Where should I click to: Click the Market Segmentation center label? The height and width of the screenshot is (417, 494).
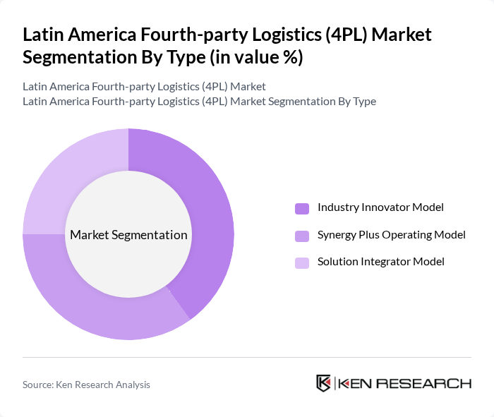tap(128, 235)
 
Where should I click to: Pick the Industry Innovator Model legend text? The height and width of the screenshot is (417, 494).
tap(380, 207)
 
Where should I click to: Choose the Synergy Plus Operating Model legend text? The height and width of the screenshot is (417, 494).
tap(391, 234)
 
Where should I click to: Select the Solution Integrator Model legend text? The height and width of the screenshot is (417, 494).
tap(380, 262)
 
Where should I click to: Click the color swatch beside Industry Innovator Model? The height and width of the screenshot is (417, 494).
tap(302, 208)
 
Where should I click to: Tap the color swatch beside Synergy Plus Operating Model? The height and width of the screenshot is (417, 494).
tap(302, 235)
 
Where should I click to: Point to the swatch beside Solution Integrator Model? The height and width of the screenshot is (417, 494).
tap(302, 262)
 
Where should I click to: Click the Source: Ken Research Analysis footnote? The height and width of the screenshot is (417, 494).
tap(86, 385)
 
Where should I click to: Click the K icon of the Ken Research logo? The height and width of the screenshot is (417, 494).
tap(324, 383)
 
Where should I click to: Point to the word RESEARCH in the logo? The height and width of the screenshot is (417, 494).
tap(433, 383)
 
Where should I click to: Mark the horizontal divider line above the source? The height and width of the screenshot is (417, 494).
tap(247, 357)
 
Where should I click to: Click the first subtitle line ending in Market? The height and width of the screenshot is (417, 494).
tap(144, 87)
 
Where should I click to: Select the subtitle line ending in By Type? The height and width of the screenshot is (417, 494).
tap(199, 102)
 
